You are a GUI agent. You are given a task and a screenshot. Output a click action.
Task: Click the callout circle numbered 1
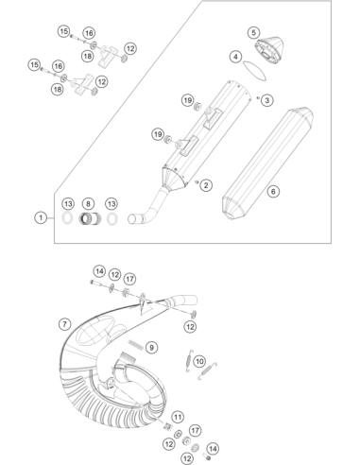(x=41, y=217)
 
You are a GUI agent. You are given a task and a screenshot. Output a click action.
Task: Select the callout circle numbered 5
(x=254, y=32)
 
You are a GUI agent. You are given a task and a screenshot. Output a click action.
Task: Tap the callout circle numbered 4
(x=235, y=57)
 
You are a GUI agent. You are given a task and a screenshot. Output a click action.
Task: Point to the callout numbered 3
(x=267, y=100)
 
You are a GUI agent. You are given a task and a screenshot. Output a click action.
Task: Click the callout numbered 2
(x=206, y=185)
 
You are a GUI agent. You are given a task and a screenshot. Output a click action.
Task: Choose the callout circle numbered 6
(x=273, y=191)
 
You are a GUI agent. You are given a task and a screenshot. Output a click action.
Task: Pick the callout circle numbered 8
(x=88, y=204)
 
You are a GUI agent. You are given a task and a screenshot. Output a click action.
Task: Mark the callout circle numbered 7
(x=65, y=324)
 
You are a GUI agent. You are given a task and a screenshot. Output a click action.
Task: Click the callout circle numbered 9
(x=152, y=348)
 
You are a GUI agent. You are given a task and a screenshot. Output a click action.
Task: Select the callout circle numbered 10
(x=199, y=361)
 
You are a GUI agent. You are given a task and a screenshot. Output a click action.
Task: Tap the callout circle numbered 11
(x=178, y=417)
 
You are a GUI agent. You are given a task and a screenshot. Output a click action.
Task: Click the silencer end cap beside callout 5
(x=269, y=50)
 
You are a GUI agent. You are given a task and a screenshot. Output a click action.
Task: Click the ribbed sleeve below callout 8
(x=90, y=218)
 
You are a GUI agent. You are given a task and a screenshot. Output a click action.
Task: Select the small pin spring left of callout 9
(x=135, y=344)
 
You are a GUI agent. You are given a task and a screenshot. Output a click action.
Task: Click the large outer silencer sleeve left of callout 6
(x=267, y=164)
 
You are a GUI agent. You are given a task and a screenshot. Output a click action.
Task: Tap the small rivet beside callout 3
(x=258, y=98)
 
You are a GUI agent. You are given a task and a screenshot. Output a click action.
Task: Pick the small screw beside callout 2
(x=197, y=181)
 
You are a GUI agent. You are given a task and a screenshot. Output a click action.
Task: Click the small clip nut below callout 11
(x=168, y=426)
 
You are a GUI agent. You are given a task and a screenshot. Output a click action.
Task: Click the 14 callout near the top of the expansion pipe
(x=99, y=271)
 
